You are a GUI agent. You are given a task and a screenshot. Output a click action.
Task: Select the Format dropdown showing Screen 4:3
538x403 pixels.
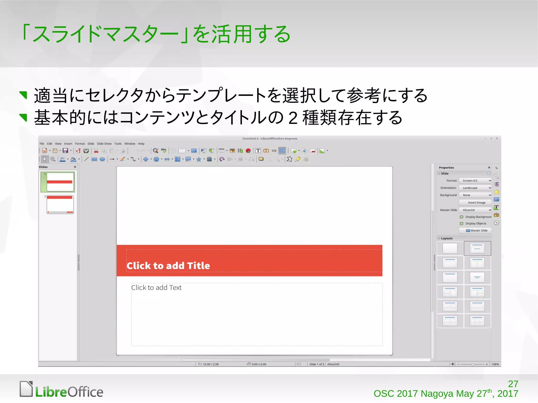click(475, 181)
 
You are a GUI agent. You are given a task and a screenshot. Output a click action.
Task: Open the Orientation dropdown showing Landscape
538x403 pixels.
click(475, 188)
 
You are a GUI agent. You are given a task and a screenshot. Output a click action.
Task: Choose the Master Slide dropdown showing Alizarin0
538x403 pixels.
click(475, 210)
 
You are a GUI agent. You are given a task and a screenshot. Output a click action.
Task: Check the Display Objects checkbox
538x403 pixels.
click(461, 223)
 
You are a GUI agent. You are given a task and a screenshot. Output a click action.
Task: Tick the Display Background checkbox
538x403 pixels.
click(461, 217)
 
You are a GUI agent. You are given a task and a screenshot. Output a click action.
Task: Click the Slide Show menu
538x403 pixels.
click(104, 144)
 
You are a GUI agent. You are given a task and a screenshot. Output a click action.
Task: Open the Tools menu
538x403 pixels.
click(118, 144)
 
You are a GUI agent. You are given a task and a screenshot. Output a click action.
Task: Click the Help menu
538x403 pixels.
click(141, 144)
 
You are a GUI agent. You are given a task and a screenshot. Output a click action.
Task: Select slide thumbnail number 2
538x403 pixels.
click(60, 204)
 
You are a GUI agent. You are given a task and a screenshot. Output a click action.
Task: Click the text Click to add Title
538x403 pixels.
click(168, 266)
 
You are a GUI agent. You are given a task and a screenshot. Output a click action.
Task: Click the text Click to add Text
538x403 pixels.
click(156, 288)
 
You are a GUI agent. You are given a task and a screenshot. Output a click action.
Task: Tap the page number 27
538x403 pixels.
click(513, 384)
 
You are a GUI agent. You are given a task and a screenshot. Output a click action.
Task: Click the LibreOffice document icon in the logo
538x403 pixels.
click(26, 389)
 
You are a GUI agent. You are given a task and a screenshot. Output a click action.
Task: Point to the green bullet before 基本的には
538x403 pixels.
click(23, 117)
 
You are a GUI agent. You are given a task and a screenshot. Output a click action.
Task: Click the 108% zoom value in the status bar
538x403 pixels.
click(495, 364)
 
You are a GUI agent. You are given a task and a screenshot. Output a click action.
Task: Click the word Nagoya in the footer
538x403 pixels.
click(437, 394)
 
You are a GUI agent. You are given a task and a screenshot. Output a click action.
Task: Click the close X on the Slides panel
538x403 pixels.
click(75, 167)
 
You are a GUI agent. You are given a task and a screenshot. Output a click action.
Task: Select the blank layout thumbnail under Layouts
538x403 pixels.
click(450, 248)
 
